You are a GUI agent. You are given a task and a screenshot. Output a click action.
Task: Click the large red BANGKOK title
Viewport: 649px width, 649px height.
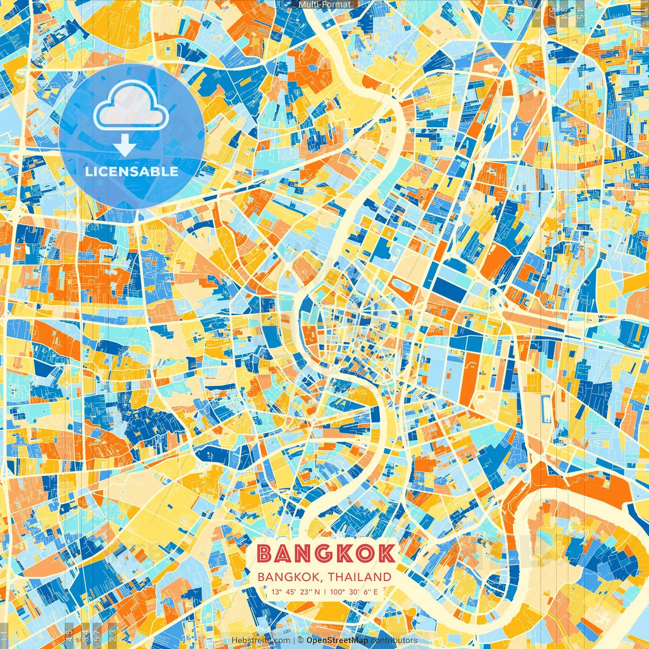[x=326, y=554]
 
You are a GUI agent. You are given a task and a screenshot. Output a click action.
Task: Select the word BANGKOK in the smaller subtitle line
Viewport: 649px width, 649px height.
[x=290, y=577]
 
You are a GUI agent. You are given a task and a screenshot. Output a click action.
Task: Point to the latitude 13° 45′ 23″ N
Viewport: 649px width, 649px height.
[x=295, y=592]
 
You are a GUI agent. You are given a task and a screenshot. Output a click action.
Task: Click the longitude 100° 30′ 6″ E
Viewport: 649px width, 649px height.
[x=354, y=592]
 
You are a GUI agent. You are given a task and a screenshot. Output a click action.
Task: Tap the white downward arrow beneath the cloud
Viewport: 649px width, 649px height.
[x=124, y=147]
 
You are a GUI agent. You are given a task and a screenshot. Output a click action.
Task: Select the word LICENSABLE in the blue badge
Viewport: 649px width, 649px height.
[x=131, y=171]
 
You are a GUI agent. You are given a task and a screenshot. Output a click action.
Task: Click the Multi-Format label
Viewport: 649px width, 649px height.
[x=324, y=5]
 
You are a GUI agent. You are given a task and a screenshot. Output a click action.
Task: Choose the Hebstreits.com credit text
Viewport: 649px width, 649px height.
[x=261, y=640]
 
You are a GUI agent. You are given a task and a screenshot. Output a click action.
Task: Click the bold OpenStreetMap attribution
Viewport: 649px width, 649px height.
[x=337, y=640]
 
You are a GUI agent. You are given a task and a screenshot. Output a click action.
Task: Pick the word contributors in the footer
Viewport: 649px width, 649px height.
[x=394, y=640]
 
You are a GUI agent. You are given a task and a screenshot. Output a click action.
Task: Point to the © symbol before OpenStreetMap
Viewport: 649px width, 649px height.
[x=301, y=640]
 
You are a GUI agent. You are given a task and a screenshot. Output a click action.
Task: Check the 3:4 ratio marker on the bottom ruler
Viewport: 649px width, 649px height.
[x=84, y=635]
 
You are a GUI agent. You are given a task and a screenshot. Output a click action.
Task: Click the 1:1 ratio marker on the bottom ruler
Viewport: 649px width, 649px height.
[x=4, y=635]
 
